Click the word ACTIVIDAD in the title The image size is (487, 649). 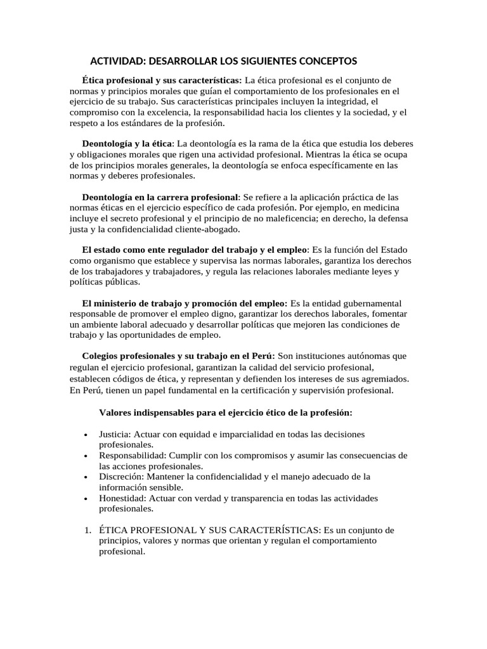[x=117, y=61]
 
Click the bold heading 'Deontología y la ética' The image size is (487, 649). [x=127, y=144]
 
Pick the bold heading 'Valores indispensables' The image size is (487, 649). [x=225, y=412]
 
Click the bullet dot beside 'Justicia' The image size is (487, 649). [x=86, y=435]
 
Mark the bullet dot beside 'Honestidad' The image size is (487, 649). [x=86, y=499]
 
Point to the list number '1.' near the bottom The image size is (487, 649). [x=88, y=530]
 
